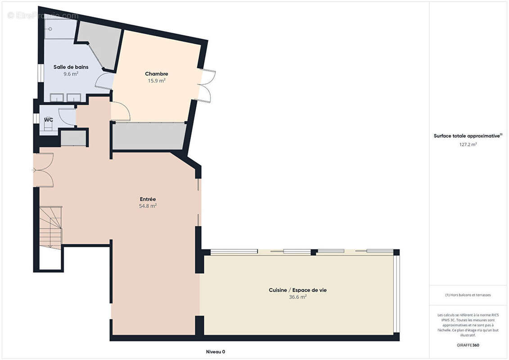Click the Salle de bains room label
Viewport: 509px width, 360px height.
71,67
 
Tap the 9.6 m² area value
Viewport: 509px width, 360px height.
71,74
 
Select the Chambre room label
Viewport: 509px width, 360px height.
157,74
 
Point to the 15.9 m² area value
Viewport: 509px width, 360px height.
157,81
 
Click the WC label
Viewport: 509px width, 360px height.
49,120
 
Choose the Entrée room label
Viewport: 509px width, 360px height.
148,199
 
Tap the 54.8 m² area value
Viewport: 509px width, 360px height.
148,206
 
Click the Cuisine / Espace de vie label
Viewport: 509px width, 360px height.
297,290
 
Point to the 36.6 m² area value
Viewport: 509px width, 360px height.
297,297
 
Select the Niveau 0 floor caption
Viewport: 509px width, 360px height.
216,351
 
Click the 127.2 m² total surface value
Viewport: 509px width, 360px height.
468,144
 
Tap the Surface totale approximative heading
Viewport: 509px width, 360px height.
467,136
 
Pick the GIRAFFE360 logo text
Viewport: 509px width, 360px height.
468,345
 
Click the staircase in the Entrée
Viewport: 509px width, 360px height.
51,228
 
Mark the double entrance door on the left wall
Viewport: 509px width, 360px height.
43,170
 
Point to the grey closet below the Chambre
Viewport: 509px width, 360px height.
149,136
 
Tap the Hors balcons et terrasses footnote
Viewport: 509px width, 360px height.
468,295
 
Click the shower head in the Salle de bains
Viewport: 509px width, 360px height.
50,29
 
